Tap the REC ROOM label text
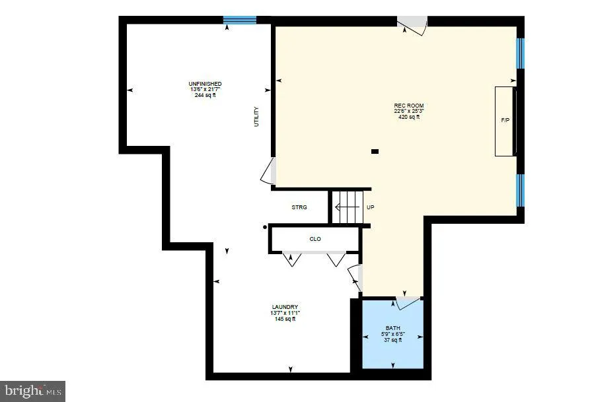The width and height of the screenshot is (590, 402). click(408, 106)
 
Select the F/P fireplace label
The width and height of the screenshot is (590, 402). click(505, 121)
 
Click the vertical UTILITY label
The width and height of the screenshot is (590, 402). click(257, 117)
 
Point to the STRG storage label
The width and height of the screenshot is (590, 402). click(299, 207)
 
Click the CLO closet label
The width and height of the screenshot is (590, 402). click(315, 239)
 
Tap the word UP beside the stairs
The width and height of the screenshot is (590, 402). click(371, 207)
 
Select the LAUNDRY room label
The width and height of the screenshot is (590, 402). click(285, 307)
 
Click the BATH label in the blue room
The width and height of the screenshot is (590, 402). click(393, 329)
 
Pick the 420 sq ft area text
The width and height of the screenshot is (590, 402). click(408, 117)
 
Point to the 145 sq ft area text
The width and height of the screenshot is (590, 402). click(285, 319)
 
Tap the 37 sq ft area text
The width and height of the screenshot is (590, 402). click(393, 340)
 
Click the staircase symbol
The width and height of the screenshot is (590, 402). click(348, 207)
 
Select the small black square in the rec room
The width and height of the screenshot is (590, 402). click(375, 151)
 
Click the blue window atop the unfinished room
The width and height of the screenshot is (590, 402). click(239, 20)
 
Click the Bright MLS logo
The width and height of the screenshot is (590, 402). click(32, 391)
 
